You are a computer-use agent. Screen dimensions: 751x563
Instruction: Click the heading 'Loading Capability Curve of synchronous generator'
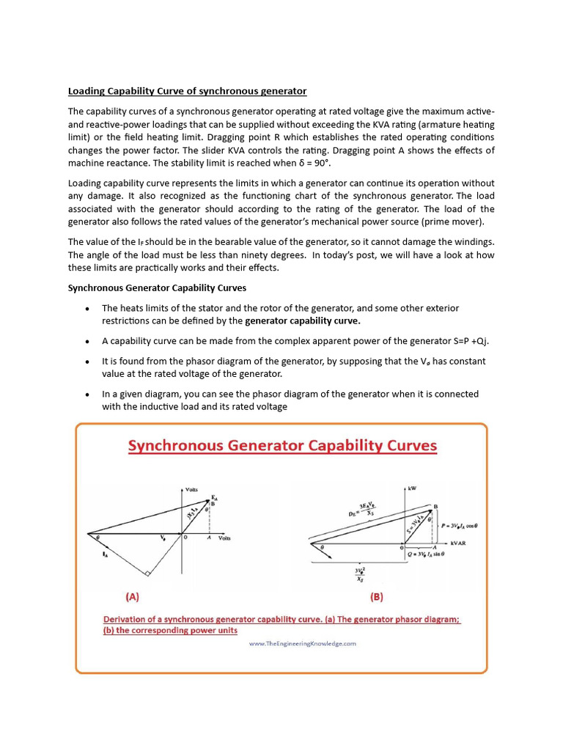187,91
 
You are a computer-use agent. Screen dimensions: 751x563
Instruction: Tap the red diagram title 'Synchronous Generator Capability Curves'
282,446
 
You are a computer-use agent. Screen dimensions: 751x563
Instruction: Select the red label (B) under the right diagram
377,596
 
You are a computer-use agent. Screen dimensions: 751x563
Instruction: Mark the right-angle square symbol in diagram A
147,574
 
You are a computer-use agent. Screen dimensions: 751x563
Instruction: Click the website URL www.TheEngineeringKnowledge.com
302,643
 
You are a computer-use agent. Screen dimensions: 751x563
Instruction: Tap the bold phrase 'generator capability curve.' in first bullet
302,320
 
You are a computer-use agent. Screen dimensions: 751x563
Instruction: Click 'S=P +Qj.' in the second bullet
458,341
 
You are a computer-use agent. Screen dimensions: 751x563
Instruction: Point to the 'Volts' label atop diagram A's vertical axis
191,489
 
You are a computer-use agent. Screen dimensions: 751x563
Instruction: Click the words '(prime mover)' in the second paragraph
455,221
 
